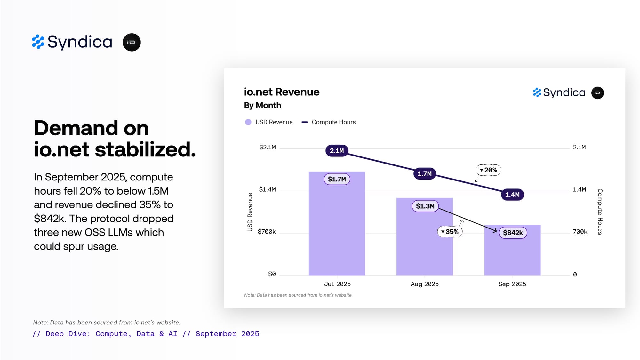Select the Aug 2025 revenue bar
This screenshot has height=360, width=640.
pos(424,243)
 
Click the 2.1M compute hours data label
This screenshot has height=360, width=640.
pos(337,151)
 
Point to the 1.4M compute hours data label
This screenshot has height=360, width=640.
pos(512,195)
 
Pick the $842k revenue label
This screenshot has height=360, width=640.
pos(513,233)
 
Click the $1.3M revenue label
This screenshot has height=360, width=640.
pos(425,206)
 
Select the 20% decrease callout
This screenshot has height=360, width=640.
pos(488,170)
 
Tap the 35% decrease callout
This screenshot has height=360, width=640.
pos(450,232)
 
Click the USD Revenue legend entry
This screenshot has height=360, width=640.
pos(269,122)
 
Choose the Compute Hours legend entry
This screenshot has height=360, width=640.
pos(329,122)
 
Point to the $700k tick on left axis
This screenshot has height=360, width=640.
pos(267,232)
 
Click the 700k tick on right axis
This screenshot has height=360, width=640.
pos(580,232)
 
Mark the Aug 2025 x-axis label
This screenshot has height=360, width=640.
pos(425,284)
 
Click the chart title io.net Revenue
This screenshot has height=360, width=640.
pos(282,92)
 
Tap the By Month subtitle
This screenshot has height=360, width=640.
pos(262,105)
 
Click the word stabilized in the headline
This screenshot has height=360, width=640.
pos(145,150)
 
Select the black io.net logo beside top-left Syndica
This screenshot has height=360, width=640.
pos(132,42)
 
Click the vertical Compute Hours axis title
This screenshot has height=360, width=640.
pos(600,212)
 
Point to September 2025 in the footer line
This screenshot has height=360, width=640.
pos(227,334)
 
